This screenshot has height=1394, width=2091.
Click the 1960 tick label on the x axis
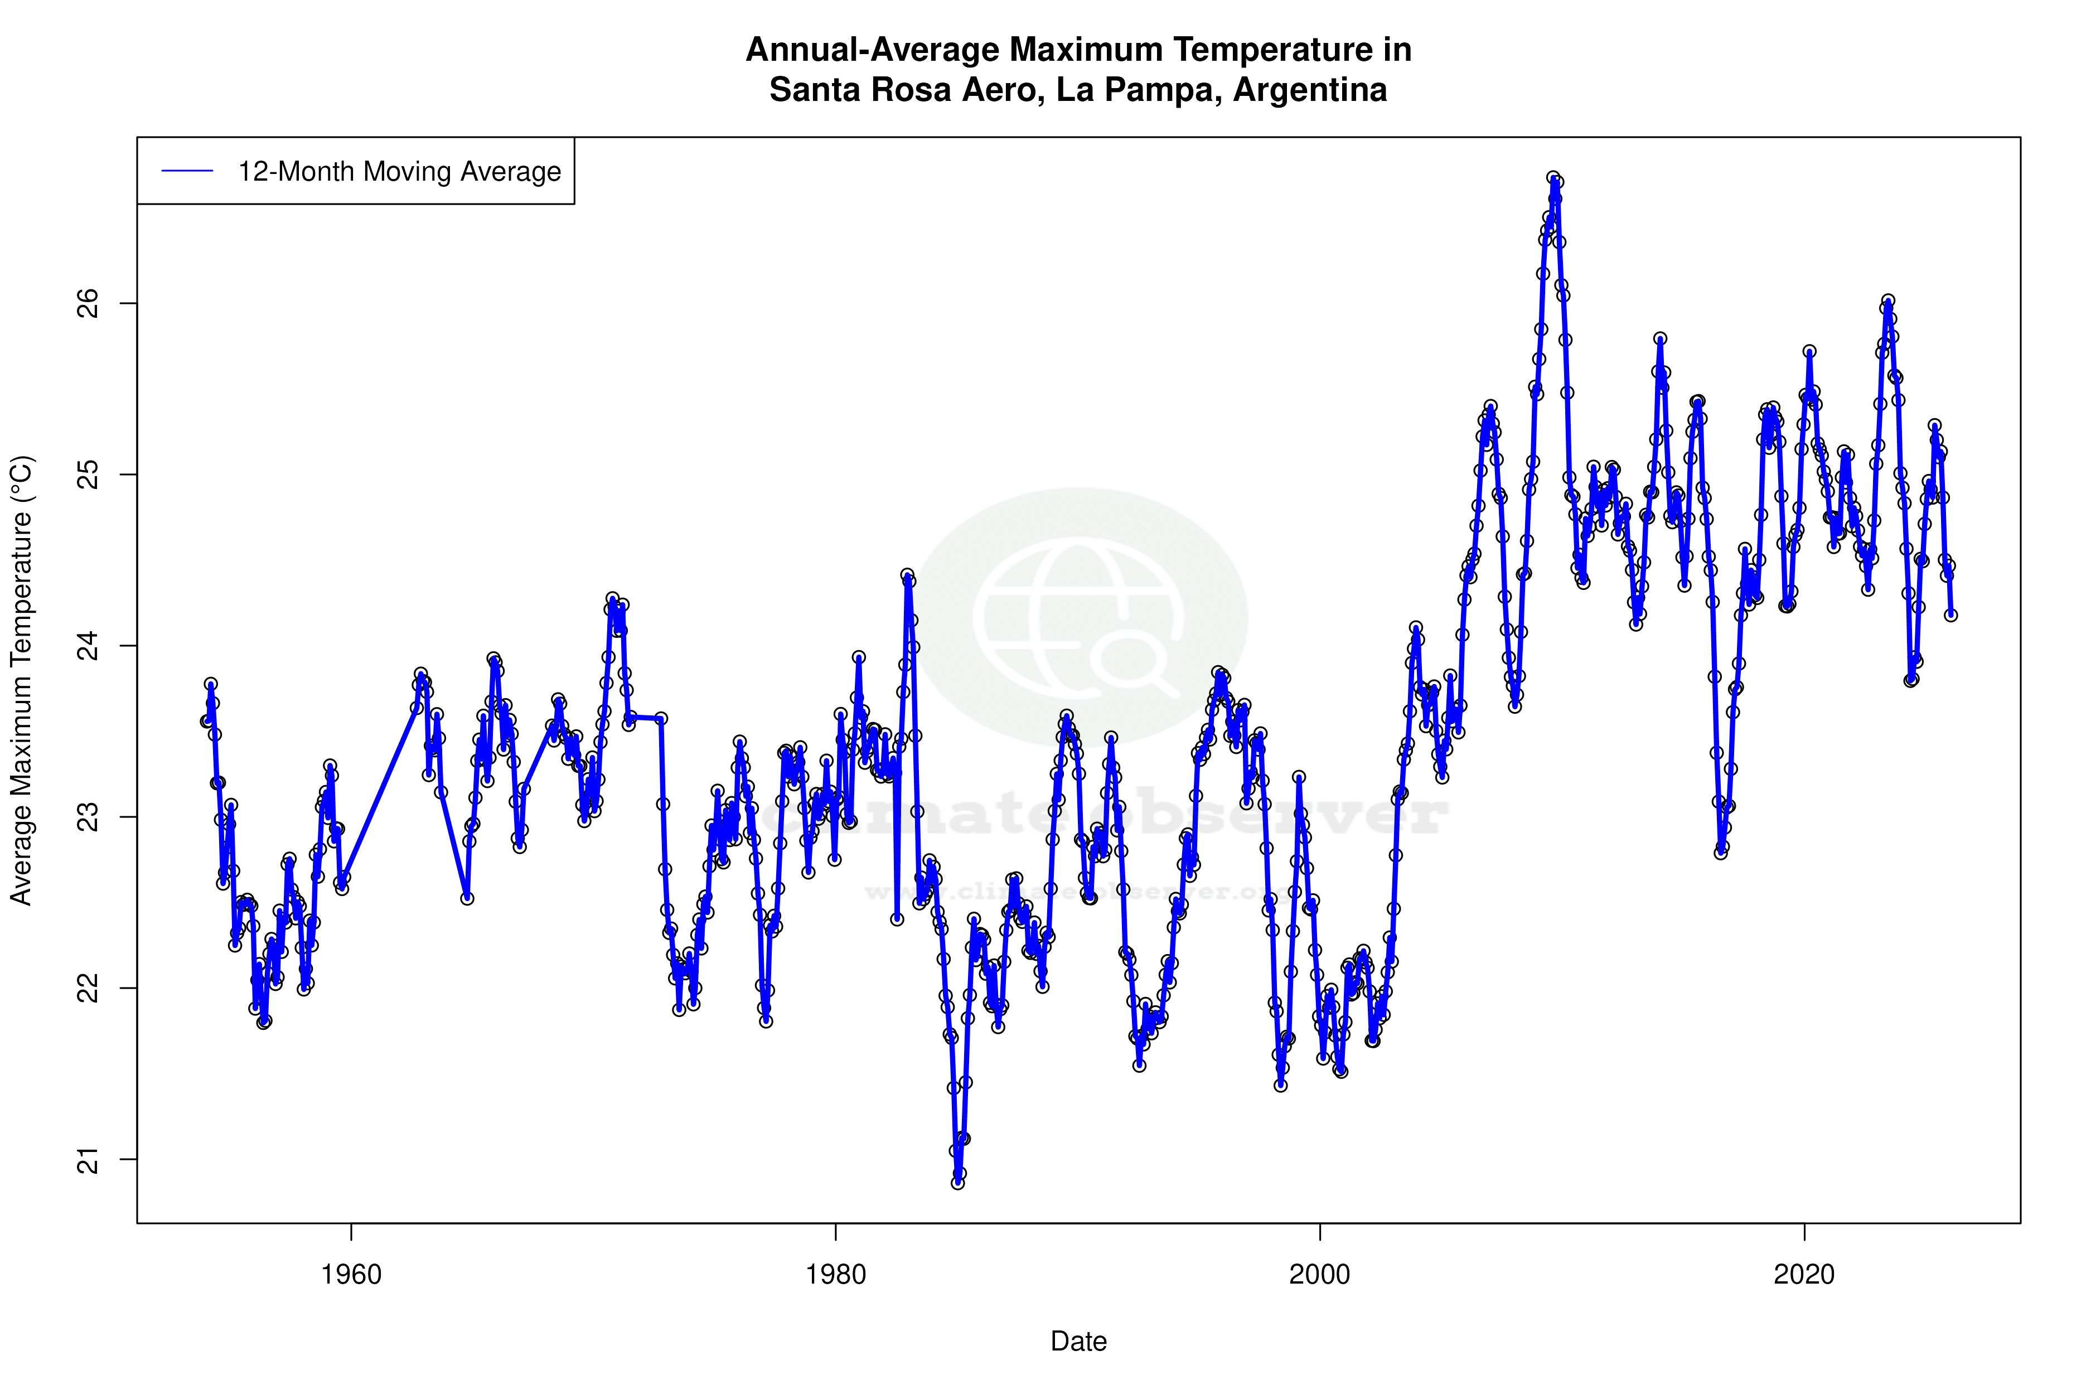351,1275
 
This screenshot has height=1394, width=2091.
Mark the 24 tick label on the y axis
89,646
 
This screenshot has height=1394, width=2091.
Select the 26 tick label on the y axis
89,303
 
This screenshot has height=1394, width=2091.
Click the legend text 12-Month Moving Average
399,172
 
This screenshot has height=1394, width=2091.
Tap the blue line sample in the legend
187,172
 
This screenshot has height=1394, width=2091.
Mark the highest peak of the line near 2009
1553,178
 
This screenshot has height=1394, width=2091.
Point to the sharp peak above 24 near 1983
907,576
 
